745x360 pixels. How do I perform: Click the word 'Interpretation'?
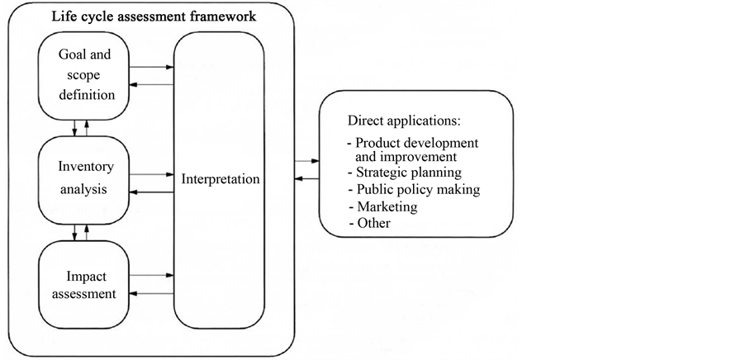tap(219, 178)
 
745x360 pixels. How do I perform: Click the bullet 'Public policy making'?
tap(415, 189)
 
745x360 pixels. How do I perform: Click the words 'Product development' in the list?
tap(416, 143)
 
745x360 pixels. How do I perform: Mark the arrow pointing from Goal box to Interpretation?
tap(153, 67)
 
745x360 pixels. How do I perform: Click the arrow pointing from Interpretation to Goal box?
tap(153, 84)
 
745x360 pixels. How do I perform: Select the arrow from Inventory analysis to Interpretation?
tap(153, 174)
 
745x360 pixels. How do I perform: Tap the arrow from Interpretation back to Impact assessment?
tap(153, 292)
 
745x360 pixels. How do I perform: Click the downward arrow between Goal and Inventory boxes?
tap(75, 128)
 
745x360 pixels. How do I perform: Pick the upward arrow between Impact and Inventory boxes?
tap(86, 231)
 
